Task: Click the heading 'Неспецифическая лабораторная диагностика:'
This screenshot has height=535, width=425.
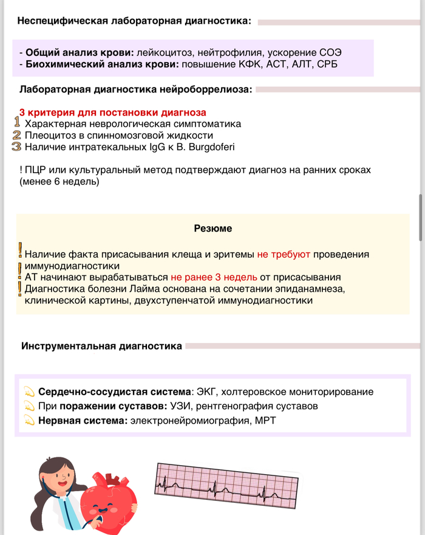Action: click(134, 21)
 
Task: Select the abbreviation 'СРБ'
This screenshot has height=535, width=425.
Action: click(327, 64)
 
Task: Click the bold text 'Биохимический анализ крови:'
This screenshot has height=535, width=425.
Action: click(101, 64)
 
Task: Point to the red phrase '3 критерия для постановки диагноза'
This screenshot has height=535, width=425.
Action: click(112, 112)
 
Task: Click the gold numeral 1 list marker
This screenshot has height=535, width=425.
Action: click(17, 123)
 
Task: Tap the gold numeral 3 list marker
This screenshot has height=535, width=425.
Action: click(17, 147)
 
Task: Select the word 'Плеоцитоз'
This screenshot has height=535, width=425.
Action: click(49, 135)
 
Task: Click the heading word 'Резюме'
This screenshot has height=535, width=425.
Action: click(212, 229)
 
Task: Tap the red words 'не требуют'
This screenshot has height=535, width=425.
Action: click(283, 255)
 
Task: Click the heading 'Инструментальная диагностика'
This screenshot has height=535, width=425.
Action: click(101, 347)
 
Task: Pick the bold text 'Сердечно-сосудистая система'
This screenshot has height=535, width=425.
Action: click(114, 392)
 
